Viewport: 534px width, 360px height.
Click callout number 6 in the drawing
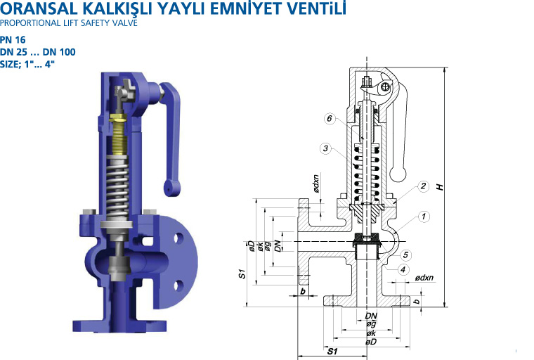[330, 119]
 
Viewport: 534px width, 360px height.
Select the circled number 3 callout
[326, 148]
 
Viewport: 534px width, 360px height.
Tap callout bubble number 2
[423, 186]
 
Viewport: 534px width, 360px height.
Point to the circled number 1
[424, 217]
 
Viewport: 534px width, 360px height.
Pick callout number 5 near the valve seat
[405, 255]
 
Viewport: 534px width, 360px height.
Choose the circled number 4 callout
[403, 270]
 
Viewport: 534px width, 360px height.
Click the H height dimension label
[441, 187]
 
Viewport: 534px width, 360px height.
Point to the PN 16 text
[13, 40]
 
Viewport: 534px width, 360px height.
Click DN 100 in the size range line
[59, 52]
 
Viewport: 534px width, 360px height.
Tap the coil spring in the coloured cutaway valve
[117, 188]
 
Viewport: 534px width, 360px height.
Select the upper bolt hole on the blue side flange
[179, 238]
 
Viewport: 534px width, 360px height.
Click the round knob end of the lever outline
[398, 174]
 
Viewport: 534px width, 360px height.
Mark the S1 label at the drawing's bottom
[332, 351]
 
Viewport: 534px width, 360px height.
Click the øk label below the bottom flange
[371, 333]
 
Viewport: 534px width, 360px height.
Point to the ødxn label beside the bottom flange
[424, 278]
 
